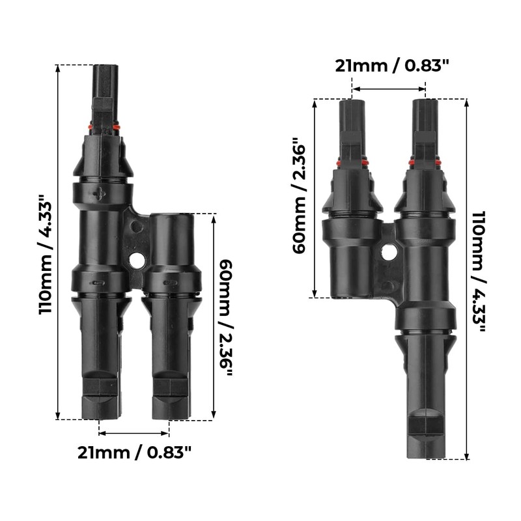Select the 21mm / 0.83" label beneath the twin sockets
click(134, 452)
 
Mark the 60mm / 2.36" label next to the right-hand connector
click(300, 196)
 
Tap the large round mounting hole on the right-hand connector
click(389, 251)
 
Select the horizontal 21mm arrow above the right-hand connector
click(389, 89)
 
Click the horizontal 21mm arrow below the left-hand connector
click(134, 432)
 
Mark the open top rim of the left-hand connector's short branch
click(172, 216)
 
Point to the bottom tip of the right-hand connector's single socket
click(428, 455)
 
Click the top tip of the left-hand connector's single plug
click(106, 67)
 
